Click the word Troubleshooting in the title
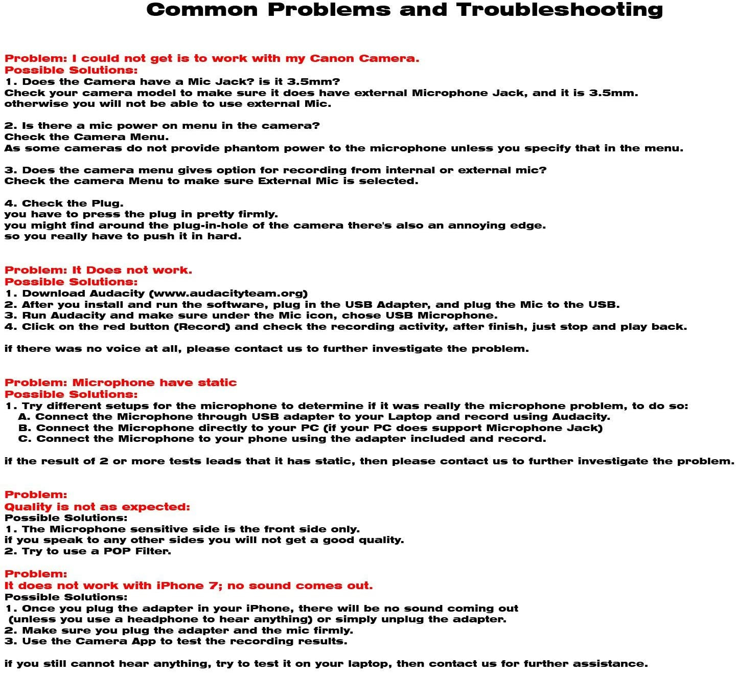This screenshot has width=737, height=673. [x=559, y=10]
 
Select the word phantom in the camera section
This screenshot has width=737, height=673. [x=252, y=148]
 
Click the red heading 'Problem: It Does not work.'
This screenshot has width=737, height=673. [x=98, y=270]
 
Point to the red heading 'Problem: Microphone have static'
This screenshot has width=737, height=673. [x=121, y=383]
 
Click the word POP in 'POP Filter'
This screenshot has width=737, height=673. [x=119, y=551]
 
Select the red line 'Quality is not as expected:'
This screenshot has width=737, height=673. [x=97, y=507]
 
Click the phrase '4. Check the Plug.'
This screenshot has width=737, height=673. [x=64, y=204]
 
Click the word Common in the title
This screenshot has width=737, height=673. [x=202, y=10]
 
